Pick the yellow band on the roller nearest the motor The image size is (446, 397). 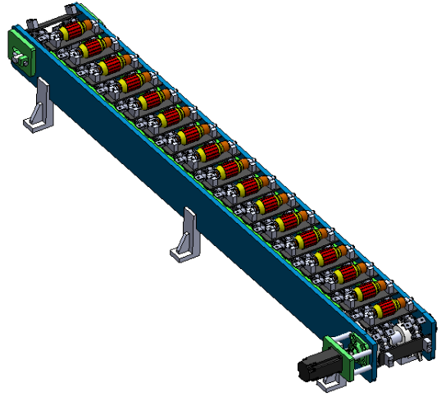(376, 313)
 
